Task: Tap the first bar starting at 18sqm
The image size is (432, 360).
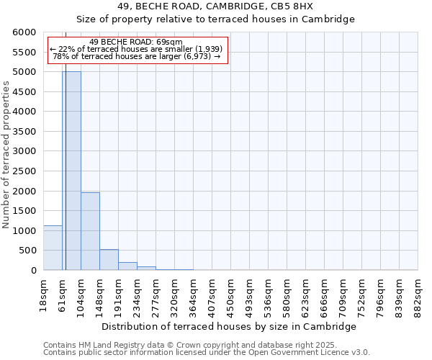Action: (53, 248)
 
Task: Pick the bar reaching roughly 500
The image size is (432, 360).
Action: (109, 260)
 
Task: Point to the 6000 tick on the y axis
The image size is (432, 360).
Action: (24, 32)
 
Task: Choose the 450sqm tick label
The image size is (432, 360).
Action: (230, 293)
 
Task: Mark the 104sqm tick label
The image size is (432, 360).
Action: (81, 293)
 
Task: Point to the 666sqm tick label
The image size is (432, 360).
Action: (324, 293)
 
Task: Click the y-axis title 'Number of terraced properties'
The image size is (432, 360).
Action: (6, 155)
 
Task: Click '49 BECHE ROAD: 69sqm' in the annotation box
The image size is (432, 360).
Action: (137, 42)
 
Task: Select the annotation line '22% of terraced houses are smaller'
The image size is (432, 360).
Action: (137, 49)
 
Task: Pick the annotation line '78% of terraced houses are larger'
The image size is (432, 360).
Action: (137, 56)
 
